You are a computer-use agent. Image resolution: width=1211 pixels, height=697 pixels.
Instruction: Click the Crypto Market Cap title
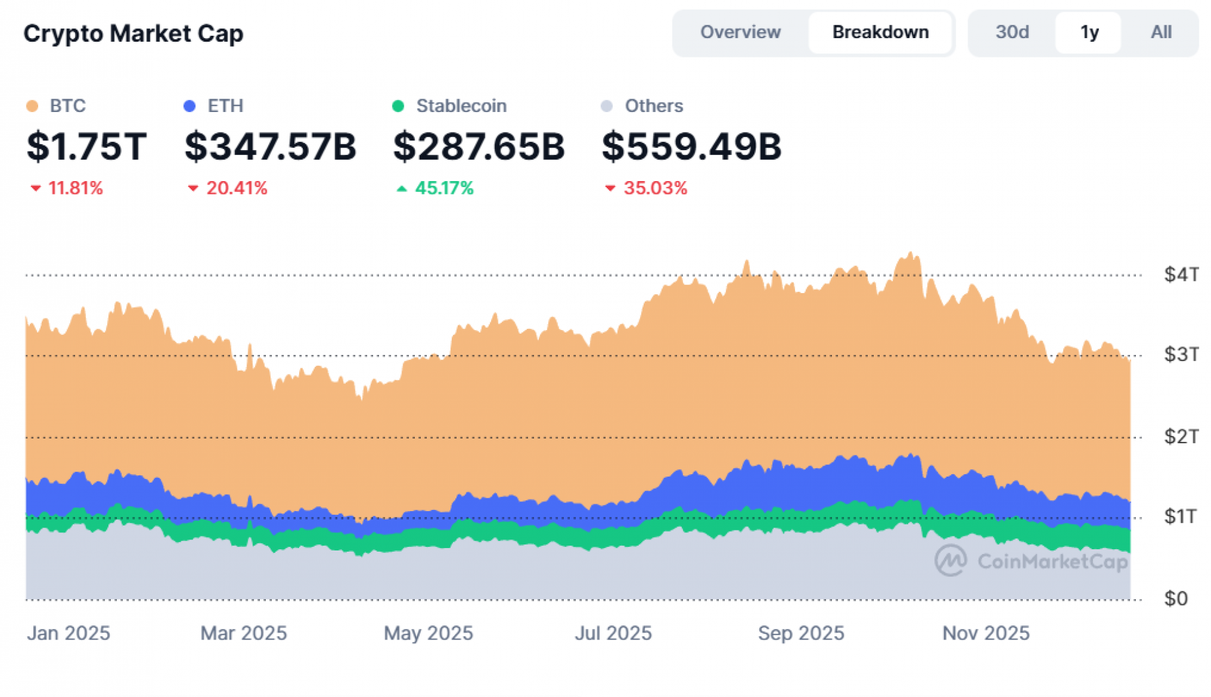click(x=133, y=33)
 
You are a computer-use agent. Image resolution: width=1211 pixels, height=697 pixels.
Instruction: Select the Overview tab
click(x=740, y=32)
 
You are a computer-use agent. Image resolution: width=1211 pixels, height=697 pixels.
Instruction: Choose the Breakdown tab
click(x=880, y=32)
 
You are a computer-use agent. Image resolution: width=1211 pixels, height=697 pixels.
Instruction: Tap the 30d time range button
click(x=1012, y=32)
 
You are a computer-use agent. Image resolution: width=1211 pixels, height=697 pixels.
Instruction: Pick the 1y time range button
click(x=1089, y=32)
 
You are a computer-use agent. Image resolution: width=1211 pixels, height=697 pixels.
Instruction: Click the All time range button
click(x=1161, y=32)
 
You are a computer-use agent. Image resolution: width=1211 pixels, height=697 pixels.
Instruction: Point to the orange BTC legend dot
click(x=32, y=106)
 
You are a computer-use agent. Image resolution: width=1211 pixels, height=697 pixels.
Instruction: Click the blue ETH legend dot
click(x=190, y=106)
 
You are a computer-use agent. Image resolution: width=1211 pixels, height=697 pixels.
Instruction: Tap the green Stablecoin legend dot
click(x=398, y=106)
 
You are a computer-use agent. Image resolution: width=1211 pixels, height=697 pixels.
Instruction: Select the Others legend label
click(x=653, y=106)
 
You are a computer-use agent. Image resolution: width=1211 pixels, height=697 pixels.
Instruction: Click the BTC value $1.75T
click(x=87, y=147)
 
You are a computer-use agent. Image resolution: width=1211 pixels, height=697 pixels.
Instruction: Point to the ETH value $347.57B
click(x=270, y=147)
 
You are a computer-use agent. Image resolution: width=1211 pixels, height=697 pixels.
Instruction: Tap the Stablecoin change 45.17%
click(x=443, y=188)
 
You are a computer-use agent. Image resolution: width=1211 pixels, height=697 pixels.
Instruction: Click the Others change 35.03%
click(x=655, y=188)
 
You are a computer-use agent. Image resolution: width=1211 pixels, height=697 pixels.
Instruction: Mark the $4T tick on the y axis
click(x=1180, y=274)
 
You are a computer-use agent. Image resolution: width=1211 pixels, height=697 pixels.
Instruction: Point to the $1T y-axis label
click(x=1180, y=517)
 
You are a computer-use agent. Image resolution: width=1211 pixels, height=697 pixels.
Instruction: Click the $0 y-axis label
click(x=1175, y=598)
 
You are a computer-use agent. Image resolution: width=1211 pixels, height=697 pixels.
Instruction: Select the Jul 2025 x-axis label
click(x=613, y=633)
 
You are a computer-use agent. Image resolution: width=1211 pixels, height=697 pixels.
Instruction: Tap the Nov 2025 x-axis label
click(x=985, y=633)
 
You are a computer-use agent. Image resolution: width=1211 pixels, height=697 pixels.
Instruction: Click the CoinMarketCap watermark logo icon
click(x=950, y=560)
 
